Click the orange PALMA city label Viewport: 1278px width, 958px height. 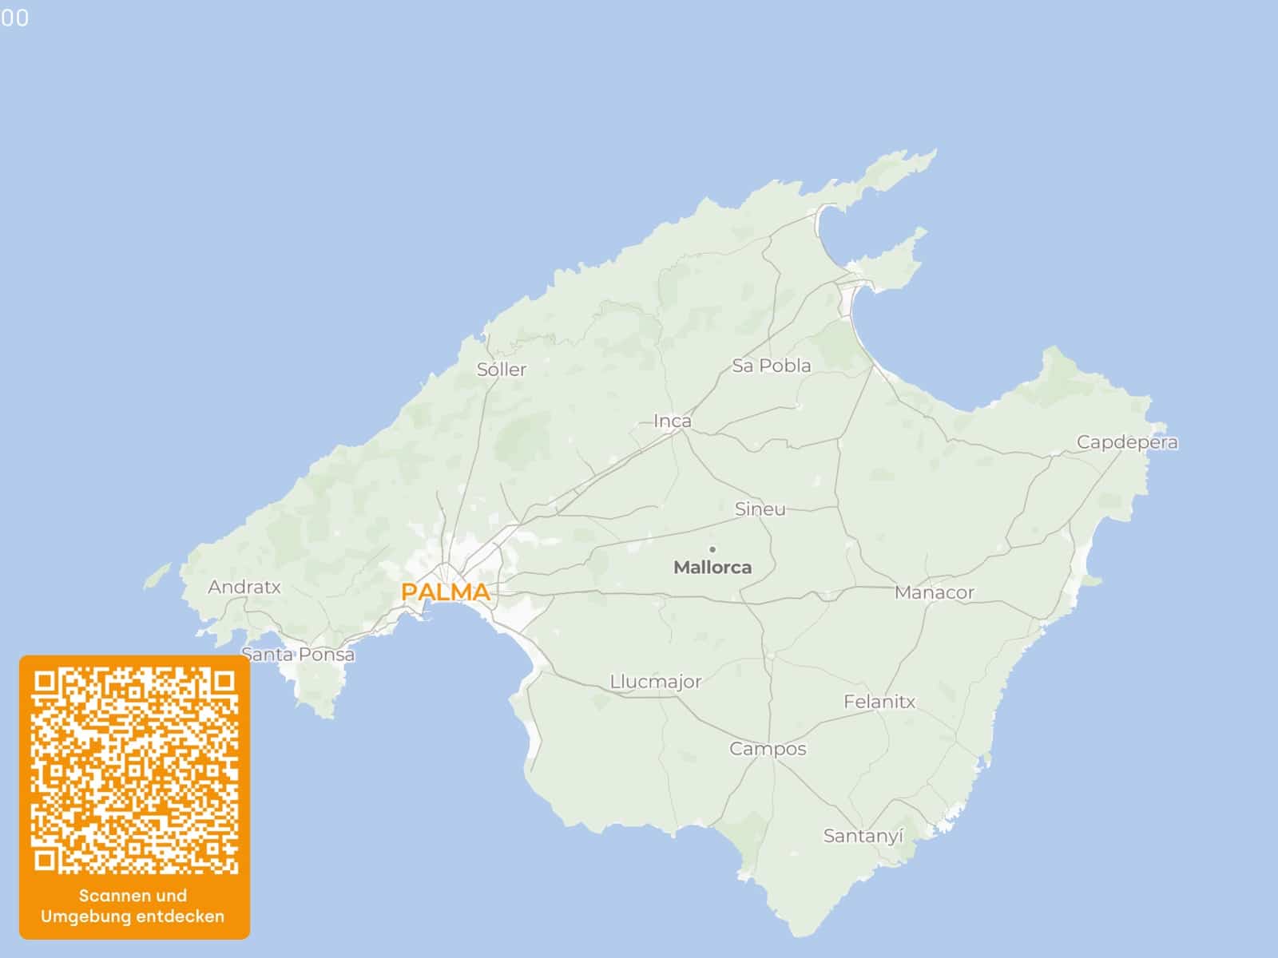pyautogui.click(x=445, y=592)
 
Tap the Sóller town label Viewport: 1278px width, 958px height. pyautogui.click(x=502, y=370)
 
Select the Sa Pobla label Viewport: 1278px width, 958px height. pyautogui.click(x=771, y=366)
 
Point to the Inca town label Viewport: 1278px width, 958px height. pyautogui.click(x=673, y=421)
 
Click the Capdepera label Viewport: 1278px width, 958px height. pyautogui.click(x=1126, y=441)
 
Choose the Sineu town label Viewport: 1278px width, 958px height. pyautogui.click(x=760, y=509)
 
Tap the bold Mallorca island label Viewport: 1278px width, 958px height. pyautogui.click(x=712, y=568)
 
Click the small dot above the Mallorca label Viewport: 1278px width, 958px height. pyautogui.click(x=712, y=549)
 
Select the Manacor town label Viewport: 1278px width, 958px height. pyautogui.click(x=934, y=592)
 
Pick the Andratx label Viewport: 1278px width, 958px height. pyautogui.click(x=244, y=587)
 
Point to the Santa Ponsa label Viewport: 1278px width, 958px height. pyautogui.click(x=298, y=655)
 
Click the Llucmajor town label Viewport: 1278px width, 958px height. pyautogui.click(x=655, y=682)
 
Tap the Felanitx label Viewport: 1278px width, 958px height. pyautogui.click(x=879, y=702)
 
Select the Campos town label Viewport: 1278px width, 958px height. pyautogui.click(x=768, y=749)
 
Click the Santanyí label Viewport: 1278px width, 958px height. pyautogui.click(x=863, y=836)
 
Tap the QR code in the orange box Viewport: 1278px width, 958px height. pyautogui.click(x=134, y=771)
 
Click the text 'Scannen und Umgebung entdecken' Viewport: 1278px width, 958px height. pyautogui.click(x=133, y=906)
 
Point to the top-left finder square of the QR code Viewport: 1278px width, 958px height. pyautogui.click(x=46, y=683)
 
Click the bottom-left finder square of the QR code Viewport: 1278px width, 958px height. pyautogui.click(x=46, y=860)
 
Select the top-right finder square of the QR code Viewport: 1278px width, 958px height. pyautogui.click(x=224, y=683)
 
